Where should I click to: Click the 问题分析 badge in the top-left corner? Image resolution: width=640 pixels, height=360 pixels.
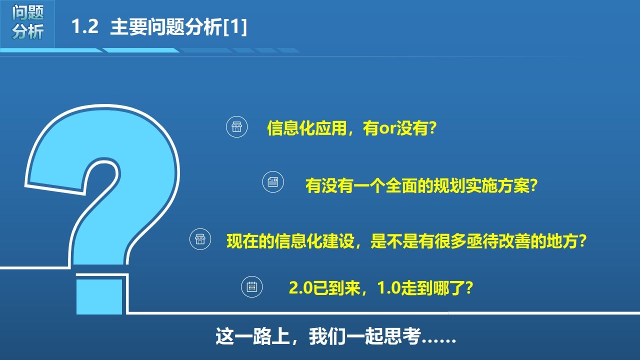[27, 23]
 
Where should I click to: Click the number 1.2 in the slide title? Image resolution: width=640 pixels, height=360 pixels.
[85, 27]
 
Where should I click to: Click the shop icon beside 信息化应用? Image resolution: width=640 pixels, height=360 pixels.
[237, 127]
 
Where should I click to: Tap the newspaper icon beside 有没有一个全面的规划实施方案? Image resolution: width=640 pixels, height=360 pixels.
[273, 181]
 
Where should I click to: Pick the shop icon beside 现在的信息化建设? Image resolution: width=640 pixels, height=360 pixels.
[200, 239]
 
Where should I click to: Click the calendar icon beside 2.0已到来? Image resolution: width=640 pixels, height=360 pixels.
[251, 287]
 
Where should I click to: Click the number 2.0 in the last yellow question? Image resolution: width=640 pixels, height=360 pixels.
[301, 287]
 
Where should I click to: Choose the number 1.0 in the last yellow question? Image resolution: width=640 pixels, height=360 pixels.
[389, 287]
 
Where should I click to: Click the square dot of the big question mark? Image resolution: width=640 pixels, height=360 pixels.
[99, 296]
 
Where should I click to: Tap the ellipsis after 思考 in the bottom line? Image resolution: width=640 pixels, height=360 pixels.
[439, 340]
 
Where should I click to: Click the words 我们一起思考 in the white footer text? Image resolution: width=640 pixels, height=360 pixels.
[365, 336]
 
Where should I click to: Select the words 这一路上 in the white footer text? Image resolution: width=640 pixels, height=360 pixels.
[252, 336]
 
